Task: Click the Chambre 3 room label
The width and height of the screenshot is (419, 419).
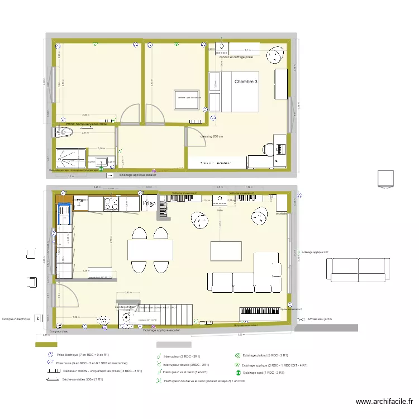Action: point(246,82)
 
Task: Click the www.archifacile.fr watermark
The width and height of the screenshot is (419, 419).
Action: point(385,401)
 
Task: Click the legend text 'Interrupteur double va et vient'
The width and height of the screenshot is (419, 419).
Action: point(204,381)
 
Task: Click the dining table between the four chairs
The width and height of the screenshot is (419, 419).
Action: point(150,248)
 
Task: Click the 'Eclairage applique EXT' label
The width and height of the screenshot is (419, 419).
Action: point(315,253)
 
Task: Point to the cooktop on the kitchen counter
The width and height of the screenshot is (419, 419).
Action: point(109,203)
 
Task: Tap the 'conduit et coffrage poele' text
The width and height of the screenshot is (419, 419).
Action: point(236,57)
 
